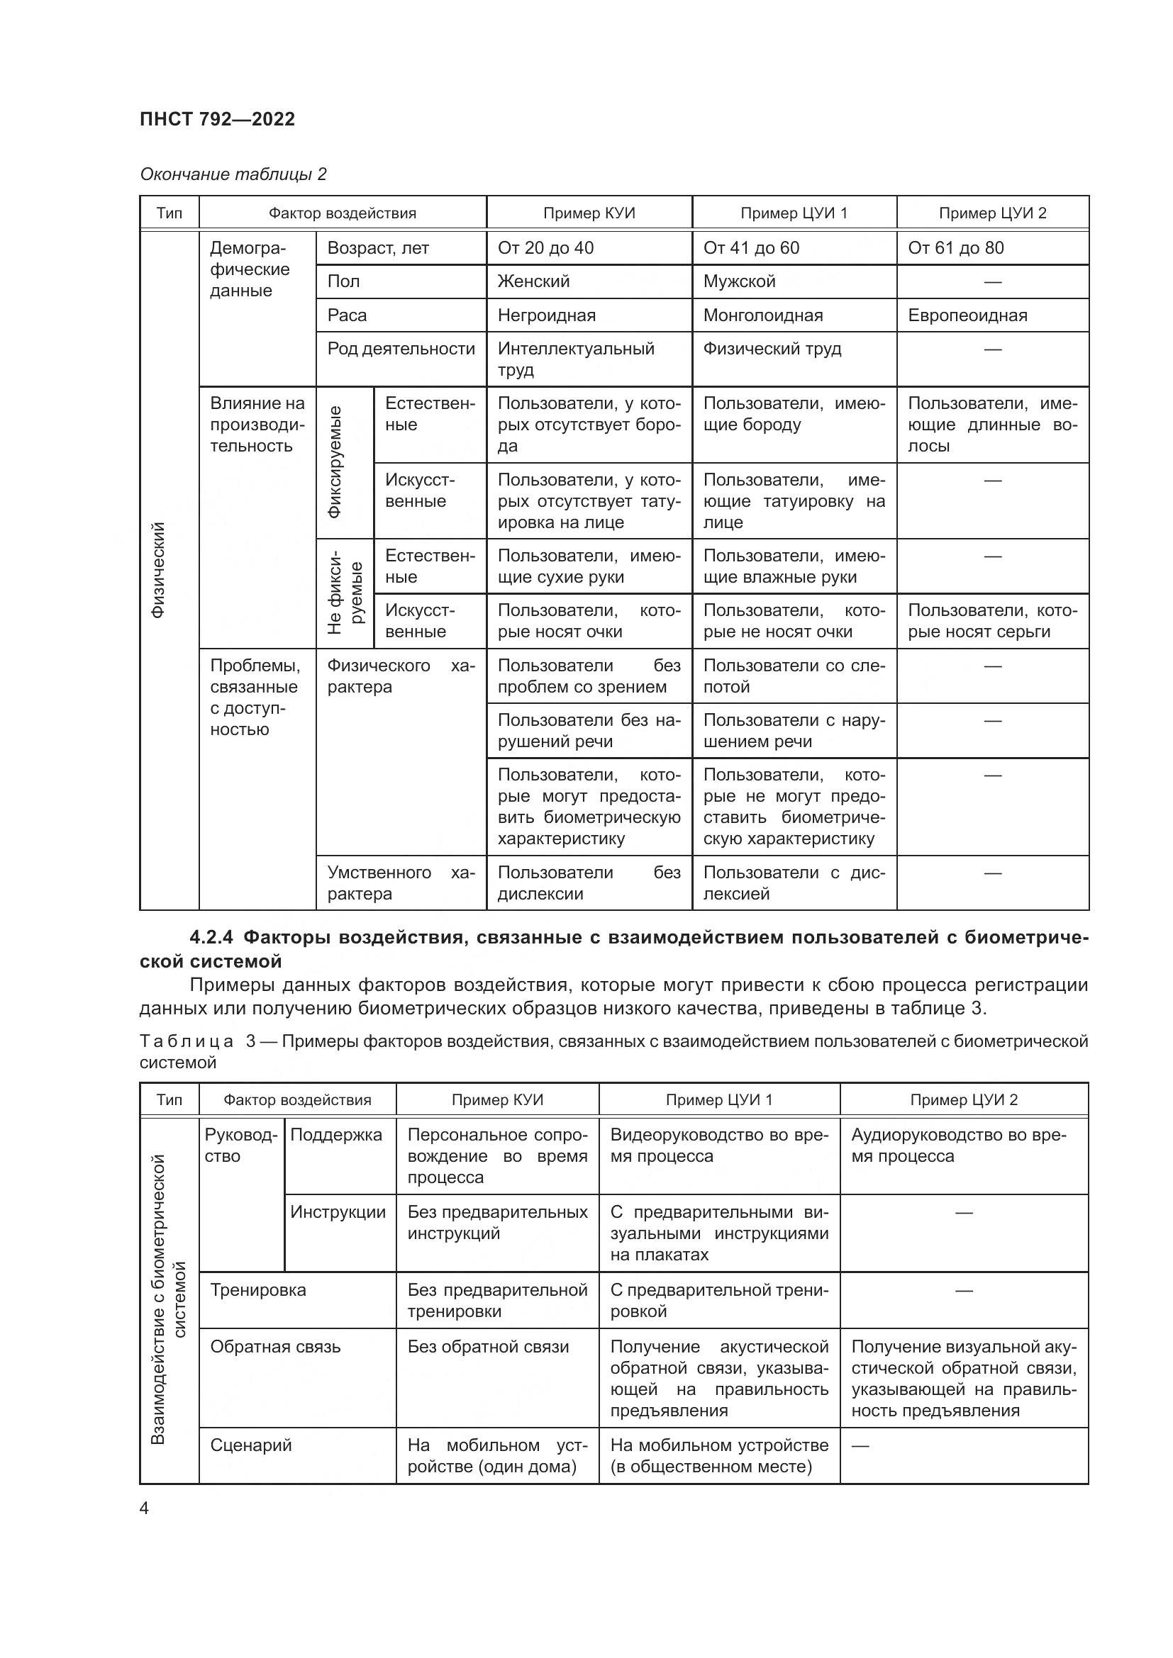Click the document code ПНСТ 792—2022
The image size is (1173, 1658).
coord(218,119)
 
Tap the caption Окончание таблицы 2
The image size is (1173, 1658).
coord(233,174)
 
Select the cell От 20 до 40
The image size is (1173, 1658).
coord(545,247)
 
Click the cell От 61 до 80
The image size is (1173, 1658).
coord(955,247)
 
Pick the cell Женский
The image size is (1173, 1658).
coord(533,281)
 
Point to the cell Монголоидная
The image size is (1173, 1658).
coord(763,315)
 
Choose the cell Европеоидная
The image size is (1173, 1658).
coord(967,315)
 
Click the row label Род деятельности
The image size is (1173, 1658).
coord(401,349)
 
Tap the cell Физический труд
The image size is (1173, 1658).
coord(772,349)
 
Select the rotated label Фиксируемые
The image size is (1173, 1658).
coord(335,462)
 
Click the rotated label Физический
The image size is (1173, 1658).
coord(158,570)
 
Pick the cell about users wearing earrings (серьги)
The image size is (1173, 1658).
coord(991,621)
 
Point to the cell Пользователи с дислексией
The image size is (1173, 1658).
coord(793,883)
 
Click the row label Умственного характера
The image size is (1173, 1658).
coord(401,883)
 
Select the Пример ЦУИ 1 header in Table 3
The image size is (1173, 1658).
coord(718,1100)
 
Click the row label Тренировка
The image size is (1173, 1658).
coord(258,1289)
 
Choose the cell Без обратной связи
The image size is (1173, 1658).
coord(487,1347)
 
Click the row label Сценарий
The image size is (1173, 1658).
coord(250,1445)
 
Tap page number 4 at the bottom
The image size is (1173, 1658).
coord(145,1508)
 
